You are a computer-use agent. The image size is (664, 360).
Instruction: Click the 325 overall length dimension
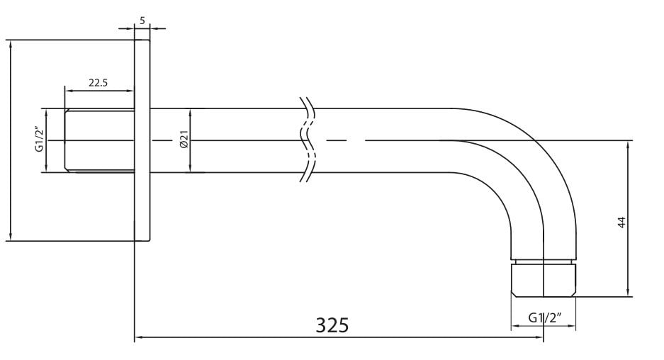tap(332, 325)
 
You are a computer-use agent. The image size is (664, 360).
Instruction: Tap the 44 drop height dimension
tap(621, 223)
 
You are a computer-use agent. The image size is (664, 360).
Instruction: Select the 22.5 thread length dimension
tap(99, 83)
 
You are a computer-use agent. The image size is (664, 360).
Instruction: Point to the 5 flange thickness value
tap(142, 20)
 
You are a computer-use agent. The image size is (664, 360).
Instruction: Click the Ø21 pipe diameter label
tap(184, 140)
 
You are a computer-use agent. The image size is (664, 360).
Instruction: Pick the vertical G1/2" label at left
tap(40, 140)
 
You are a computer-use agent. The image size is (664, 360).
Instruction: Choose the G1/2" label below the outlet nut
tap(544, 317)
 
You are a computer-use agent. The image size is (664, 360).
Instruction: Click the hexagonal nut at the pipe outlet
tap(544, 280)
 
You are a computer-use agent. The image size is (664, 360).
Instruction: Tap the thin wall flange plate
tap(142, 140)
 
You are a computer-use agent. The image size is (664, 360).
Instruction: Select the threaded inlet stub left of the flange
tap(99, 140)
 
